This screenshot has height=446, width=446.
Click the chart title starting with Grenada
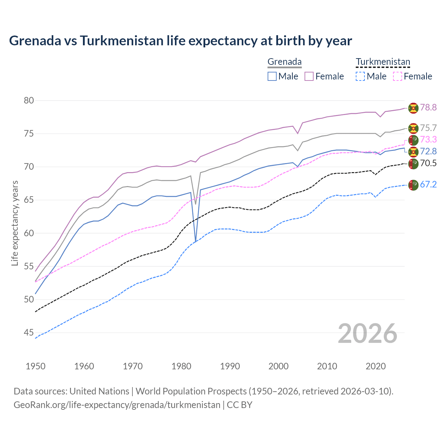pos(180,41)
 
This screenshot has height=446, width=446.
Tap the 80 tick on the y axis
pos(29,100)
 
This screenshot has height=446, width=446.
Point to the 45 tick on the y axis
pos(29,333)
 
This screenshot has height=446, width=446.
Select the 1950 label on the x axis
pos(36,366)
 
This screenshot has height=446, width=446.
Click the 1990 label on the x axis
pos(230,366)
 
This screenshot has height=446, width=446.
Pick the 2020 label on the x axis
pos(376,366)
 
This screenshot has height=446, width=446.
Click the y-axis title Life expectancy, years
pos(15,223)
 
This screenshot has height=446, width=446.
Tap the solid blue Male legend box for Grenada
pos(272,76)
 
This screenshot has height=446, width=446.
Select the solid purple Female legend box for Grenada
pos(309,76)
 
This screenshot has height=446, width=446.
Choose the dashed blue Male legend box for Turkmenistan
pos(360,76)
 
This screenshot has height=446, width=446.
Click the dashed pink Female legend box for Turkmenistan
pos(397,76)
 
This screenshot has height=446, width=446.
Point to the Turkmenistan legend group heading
pos(383,62)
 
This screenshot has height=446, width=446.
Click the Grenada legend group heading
pos(284,62)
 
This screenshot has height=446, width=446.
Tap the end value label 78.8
pos(428,108)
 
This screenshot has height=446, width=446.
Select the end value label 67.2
pos(428,185)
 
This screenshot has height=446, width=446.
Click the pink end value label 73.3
pos(428,140)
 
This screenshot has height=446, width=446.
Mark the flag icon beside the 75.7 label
pos(413,128)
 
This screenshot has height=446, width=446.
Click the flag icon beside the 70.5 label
pos(413,164)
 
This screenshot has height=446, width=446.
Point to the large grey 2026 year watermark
pos(368,333)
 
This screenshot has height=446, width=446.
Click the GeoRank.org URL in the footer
pos(117,405)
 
